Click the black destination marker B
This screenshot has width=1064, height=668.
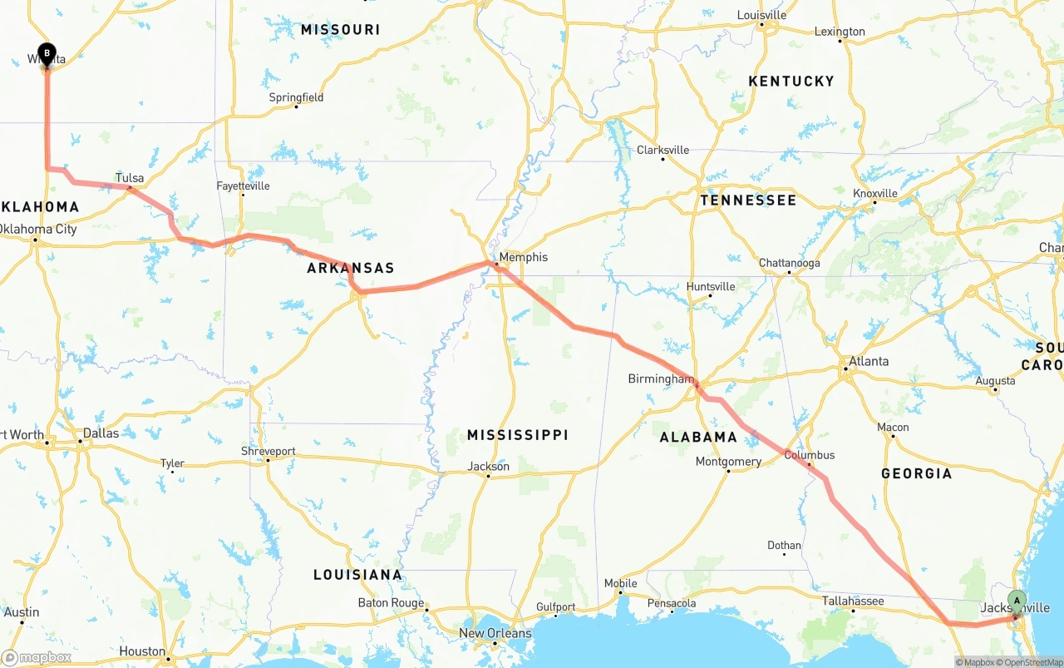[x=47, y=54]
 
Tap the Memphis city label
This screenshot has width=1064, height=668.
[x=523, y=257]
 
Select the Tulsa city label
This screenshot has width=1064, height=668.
[x=130, y=178]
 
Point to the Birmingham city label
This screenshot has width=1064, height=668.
[x=660, y=379]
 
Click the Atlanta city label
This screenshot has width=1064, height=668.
[x=868, y=361]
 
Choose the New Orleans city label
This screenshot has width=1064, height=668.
[x=495, y=633]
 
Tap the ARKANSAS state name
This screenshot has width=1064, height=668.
[x=350, y=268]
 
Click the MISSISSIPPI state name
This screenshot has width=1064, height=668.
[x=517, y=435]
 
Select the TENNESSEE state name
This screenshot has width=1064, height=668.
[x=748, y=200]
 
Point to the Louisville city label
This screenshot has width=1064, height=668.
[x=761, y=15]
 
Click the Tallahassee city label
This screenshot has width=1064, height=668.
[x=853, y=601]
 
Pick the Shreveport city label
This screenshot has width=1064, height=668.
[x=268, y=451]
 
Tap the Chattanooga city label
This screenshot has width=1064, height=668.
[x=789, y=263]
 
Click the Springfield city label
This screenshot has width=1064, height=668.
[x=296, y=97]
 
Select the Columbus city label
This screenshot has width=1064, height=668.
[x=809, y=455]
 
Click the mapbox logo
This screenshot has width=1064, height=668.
[x=37, y=657]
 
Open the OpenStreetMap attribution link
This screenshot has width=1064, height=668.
[x=1032, y=662]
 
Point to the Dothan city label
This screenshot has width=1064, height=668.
[x=784, y=546]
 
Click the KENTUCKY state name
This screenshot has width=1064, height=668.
[x=791, y=81]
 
